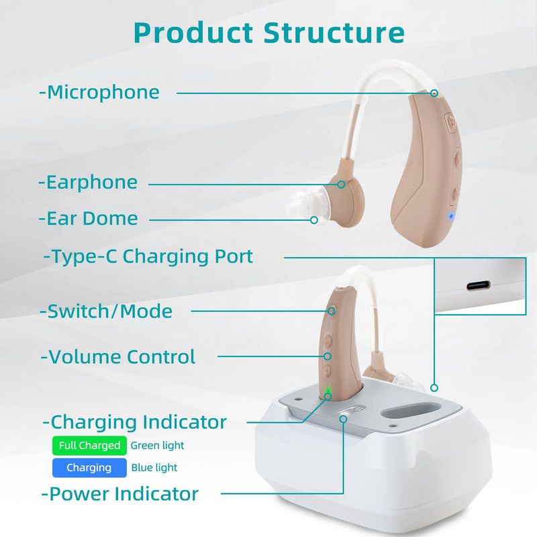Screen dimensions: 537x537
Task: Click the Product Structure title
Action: point(269,33)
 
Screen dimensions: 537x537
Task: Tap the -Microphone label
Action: point(99,93)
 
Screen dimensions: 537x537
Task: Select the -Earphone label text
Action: point(88,182)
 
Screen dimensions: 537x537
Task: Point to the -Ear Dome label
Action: point(89,219)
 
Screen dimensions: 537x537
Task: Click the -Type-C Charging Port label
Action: point(148,257)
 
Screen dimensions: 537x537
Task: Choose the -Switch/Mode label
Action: point(106,311)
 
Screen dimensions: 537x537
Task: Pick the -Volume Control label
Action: point(118,357)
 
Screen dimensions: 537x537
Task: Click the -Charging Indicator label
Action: point(135,422)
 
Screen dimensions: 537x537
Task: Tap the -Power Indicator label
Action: point(120,494)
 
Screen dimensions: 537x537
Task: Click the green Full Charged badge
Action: point(89,446)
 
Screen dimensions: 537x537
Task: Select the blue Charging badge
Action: point(89,468)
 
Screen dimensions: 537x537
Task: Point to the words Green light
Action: point(157,446)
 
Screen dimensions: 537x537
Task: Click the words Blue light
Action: point(154,468)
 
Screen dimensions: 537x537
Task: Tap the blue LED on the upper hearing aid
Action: point(451,216)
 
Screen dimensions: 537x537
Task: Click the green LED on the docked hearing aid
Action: point(328,391)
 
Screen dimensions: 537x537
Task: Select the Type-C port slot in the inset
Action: point(478,285)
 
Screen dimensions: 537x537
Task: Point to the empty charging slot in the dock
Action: point(410,411)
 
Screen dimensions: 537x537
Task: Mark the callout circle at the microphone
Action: point(434,93)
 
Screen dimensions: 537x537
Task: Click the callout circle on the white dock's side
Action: point(434,388)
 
